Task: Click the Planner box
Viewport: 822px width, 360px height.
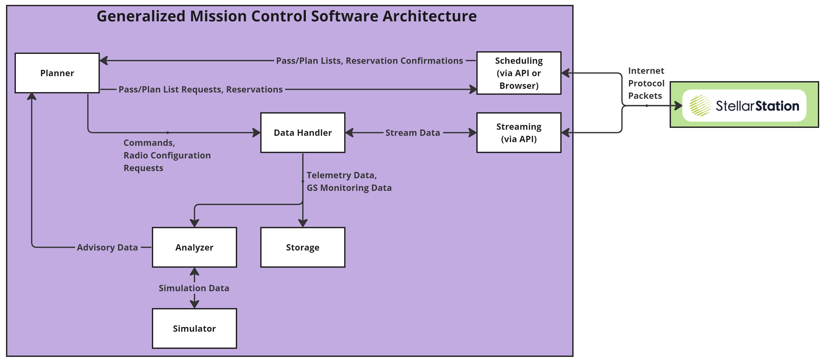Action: (x=57, y=73)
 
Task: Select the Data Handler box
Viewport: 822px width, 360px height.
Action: (x=302, y=133)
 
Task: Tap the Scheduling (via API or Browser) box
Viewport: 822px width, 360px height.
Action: (x=518, y=73)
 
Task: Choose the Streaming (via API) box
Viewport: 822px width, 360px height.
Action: (x=518, y=133)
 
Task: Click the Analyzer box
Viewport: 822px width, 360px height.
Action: (x=194, y=247)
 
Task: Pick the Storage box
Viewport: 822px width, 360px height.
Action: (x=302, y=247)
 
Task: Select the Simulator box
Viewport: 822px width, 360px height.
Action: (x=194, y=328)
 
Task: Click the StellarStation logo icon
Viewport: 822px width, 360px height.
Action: (x=700, y=106)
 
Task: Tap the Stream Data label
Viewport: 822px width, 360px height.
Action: (x=412, y=133)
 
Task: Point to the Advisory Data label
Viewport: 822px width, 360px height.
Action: (x=107, y=247)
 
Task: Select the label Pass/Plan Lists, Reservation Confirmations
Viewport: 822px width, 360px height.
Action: (x=369, y=61)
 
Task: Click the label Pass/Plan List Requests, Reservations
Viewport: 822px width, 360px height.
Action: (x=200, y=89)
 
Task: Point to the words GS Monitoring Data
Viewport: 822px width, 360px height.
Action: (x=349, y=188)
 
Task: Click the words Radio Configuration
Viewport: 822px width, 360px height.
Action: (x=167, y=155)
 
